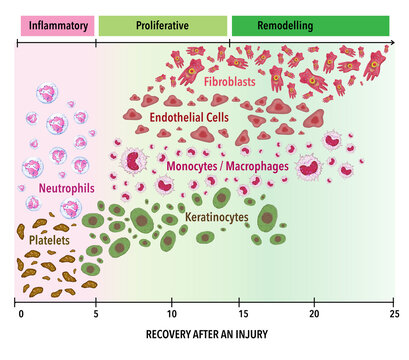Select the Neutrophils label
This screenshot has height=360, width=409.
coord(67,186)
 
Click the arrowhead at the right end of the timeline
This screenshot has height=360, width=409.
coord(391,43)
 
